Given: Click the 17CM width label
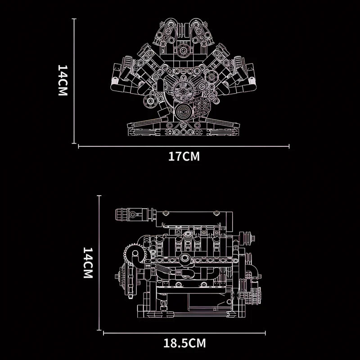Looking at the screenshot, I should [184, 157].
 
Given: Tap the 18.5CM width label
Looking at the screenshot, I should [184, 344].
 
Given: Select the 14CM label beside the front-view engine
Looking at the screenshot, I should [63, 80].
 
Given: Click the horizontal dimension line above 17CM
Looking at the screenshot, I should [184, 146].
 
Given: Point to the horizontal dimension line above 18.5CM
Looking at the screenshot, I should [184, 333].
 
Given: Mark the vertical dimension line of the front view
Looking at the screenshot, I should [74, 81].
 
